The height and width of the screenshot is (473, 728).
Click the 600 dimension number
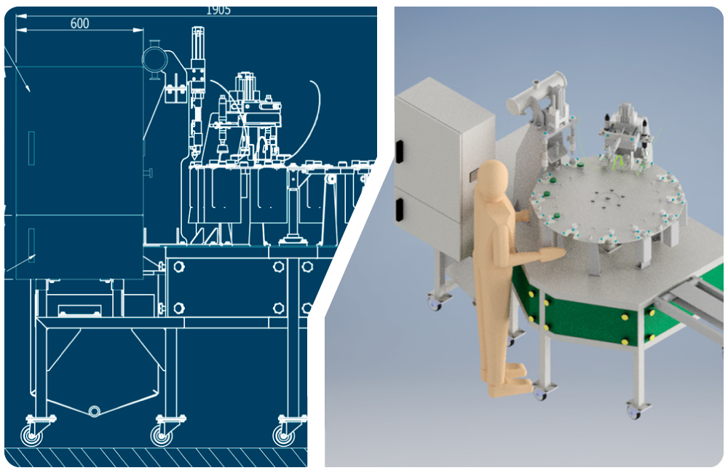tap(79, 23)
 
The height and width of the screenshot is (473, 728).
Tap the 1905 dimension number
tap(218, 10)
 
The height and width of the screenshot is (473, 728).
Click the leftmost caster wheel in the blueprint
tap(31, 435)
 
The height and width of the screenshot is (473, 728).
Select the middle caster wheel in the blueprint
tap(162, 436)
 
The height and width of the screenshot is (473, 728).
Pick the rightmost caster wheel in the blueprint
tap(284, 435)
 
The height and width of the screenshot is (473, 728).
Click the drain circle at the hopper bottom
tap(94, 411)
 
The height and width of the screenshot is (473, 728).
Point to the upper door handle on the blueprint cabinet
tap(31, 148)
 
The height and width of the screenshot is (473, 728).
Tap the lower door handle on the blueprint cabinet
tap(31, 245)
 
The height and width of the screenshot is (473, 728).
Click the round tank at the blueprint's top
tap(154, 60)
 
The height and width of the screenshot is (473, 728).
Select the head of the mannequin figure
tap(493, 180)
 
